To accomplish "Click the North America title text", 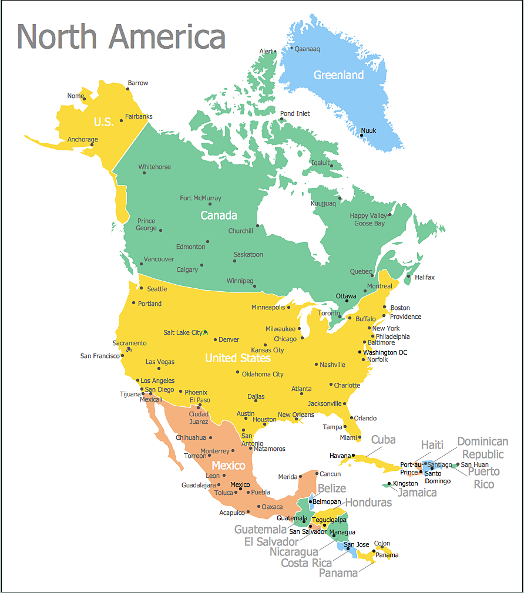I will click(x=121, y=36).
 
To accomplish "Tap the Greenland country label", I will click(x=338, y=75).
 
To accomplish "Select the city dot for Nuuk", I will click(x=361, y=136).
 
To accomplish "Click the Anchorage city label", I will click(x=82, y=140).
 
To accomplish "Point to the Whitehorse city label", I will click(x=154, y=167).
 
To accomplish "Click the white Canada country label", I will click(x=219, y=215).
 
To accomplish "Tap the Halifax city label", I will click(x=425, y=277).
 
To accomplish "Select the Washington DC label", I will click(x=385, y=352).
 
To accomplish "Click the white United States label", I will click(x=237, y=358).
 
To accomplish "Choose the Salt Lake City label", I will click(x=183, y=332).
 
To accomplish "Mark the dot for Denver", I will click(x=216, y=339).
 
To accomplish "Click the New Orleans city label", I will click(x=296, y=415).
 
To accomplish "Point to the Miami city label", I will click(x=348, y=437).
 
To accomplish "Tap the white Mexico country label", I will click(x=228, y=466).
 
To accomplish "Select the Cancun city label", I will click(x=330, y=474).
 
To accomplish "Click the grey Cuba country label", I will click(x=383, y=440).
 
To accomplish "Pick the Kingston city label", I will click(x=405, y=484).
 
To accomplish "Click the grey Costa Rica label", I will click(x=306, y=563).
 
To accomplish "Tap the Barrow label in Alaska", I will click(x=138, y=83).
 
